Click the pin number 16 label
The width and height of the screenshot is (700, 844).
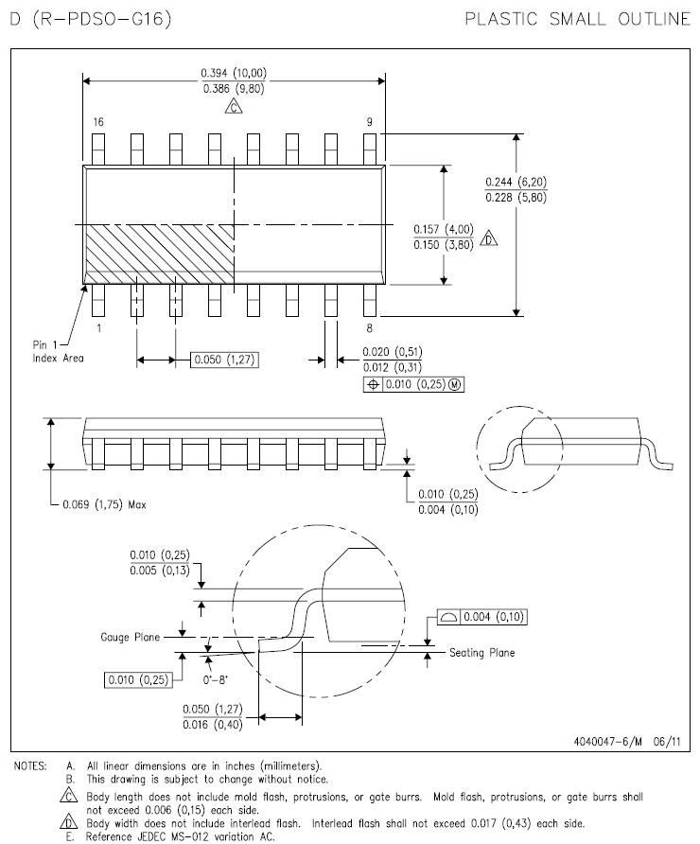pos(98,122)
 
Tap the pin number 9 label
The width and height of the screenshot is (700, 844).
pos(369,122)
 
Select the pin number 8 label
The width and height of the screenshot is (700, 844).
pos(369,327)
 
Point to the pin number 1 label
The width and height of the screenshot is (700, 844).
pos(99,327)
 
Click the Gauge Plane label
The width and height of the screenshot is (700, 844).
pos(131,638)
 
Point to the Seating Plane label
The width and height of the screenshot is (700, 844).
pos(482,653)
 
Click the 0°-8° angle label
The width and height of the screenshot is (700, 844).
pos(216,679)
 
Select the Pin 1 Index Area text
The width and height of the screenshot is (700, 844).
pos(58,351)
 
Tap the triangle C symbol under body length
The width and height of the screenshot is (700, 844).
pos(234,107)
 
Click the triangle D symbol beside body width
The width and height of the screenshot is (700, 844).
pos(488,237)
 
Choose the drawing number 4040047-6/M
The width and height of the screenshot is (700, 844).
pos(608,742)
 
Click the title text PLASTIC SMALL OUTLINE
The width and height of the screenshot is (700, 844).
pos(577,19)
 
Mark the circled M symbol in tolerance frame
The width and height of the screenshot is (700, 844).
pos(455,384)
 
